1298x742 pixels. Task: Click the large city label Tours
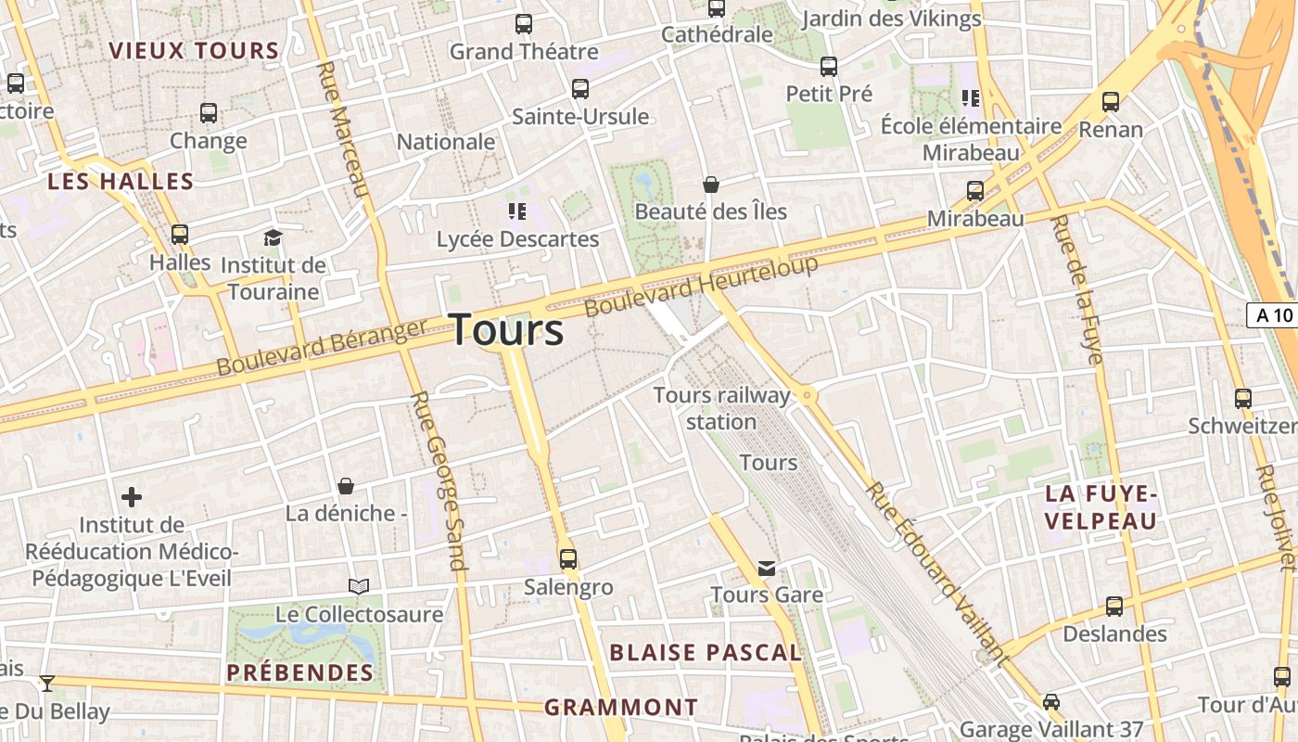tap(506, 330)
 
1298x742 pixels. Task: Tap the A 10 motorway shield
tap(1274, 315)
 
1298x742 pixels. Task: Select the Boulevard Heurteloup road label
tap(702, 284)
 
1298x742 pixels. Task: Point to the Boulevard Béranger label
tap(322, 347)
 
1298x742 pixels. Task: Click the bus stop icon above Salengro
tap(568, 559)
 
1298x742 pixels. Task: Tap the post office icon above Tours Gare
tap(767, 568)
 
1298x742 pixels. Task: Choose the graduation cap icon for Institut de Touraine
tap(273, 238)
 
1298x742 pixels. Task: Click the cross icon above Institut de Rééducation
tap(132, 497)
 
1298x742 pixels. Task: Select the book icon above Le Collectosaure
tap(359, 586)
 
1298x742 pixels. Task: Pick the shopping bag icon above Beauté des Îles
tap(711, 185)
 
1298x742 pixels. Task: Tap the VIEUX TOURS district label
tap(195, 51)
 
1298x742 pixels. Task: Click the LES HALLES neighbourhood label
tap(121, 181)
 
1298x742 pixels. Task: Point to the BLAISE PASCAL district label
tap(706, 653)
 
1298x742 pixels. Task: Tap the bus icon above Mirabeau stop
tap(975, 191)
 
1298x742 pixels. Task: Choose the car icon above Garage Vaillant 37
tap(1051, 701)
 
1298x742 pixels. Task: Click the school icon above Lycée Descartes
tap(517, 211)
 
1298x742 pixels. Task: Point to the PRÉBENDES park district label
tap(300, 672)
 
